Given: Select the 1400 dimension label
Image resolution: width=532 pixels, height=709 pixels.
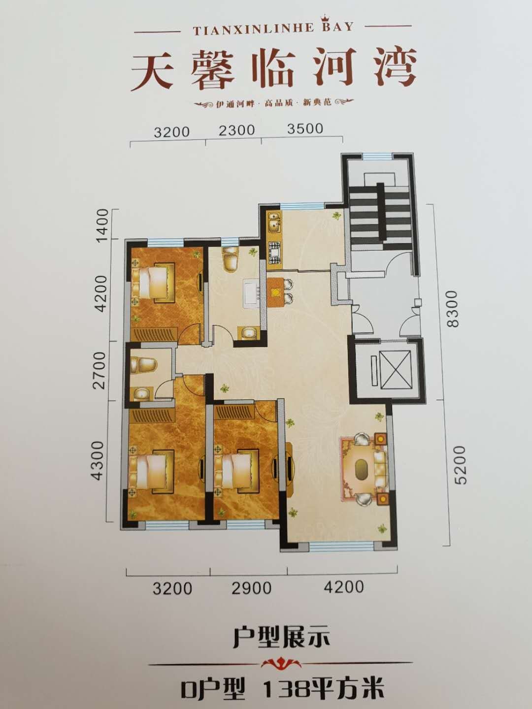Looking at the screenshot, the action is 102,224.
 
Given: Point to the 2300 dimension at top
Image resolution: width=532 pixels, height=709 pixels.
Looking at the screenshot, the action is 237,130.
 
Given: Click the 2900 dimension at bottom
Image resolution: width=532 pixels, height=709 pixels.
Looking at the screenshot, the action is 252,588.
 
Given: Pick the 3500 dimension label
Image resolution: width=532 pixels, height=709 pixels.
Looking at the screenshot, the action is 304,129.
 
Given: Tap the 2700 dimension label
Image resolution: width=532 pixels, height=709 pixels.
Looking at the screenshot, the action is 101,370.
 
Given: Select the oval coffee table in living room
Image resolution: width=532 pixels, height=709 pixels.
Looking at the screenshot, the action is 362,467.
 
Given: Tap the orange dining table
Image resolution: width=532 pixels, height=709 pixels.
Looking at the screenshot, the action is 274,293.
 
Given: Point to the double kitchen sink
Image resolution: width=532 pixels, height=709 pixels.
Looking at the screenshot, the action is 273,222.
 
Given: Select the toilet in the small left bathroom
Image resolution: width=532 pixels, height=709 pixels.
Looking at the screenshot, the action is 143,365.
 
